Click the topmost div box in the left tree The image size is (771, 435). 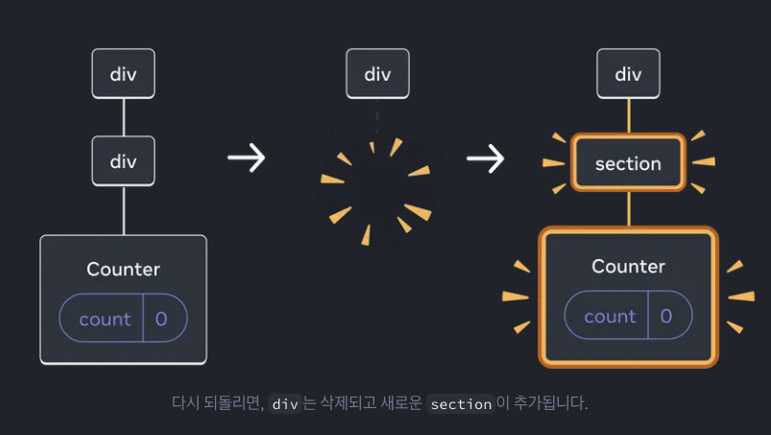(x=123, y=75)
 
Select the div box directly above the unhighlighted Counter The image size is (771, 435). (x=123, y=161)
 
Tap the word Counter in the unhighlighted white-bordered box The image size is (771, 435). (x=123, y=269)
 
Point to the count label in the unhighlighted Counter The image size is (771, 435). (x=105, y=319)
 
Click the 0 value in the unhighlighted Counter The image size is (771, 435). (x=161, y=319)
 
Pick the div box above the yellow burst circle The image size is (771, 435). (x=377, y=75)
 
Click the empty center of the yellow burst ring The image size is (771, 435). (x=376, y=190)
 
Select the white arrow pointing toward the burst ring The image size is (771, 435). (x=247, y=157)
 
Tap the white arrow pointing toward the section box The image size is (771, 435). (x=486, y=157)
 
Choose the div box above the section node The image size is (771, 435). (x=628, y=75)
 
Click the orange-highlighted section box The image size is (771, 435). (x=628, y=163)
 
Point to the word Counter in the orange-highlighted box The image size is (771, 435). (x=628, y=266)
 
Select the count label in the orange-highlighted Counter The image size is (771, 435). (x=610, y=316)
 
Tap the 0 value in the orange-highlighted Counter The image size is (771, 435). (x=666, y=316)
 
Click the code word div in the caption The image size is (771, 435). (x=285, y=404)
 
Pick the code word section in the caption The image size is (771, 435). (x=461, y=404)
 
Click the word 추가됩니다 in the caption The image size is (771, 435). (x=542, y=403)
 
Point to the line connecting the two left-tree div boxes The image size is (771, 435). (x=123, y=117)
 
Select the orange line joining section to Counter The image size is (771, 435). (x=628, y=208)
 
